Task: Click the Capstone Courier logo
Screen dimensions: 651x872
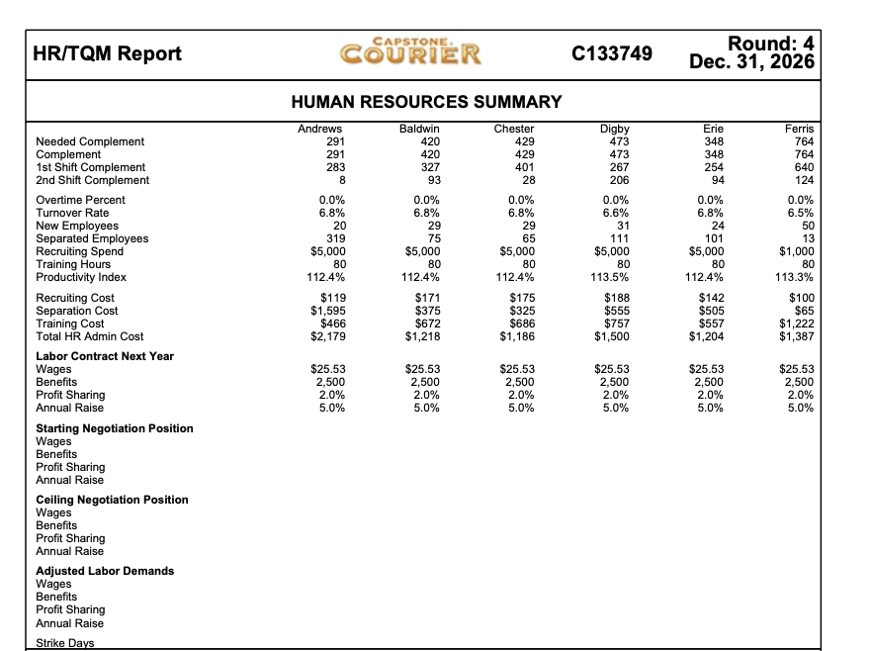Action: (x=409, y=51)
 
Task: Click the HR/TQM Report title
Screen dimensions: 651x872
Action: (x=108, y=53)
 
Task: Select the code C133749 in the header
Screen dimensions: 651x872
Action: (x=613, y=53)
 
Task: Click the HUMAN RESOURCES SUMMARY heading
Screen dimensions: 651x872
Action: (x=427, y=102)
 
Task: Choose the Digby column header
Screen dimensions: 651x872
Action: (x=614, y=129)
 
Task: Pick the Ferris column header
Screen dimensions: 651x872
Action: (x=799, y=129)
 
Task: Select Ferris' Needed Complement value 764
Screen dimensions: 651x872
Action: (x=803, y=141)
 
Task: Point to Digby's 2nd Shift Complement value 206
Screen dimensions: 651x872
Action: (x=620, y=180)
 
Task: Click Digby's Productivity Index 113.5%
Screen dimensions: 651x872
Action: (x=614, y=277)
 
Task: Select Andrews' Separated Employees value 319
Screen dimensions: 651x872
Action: (x=334, y=238)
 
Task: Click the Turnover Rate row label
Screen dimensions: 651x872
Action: (x=72, y=213)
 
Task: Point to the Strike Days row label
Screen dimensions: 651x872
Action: (x=64, y=644)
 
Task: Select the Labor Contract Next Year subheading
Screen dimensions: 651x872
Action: (x=105, y=356)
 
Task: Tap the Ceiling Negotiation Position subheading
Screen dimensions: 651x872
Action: (x=112, y=500)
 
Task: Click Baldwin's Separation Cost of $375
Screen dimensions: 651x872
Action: (x=425, y=311)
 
